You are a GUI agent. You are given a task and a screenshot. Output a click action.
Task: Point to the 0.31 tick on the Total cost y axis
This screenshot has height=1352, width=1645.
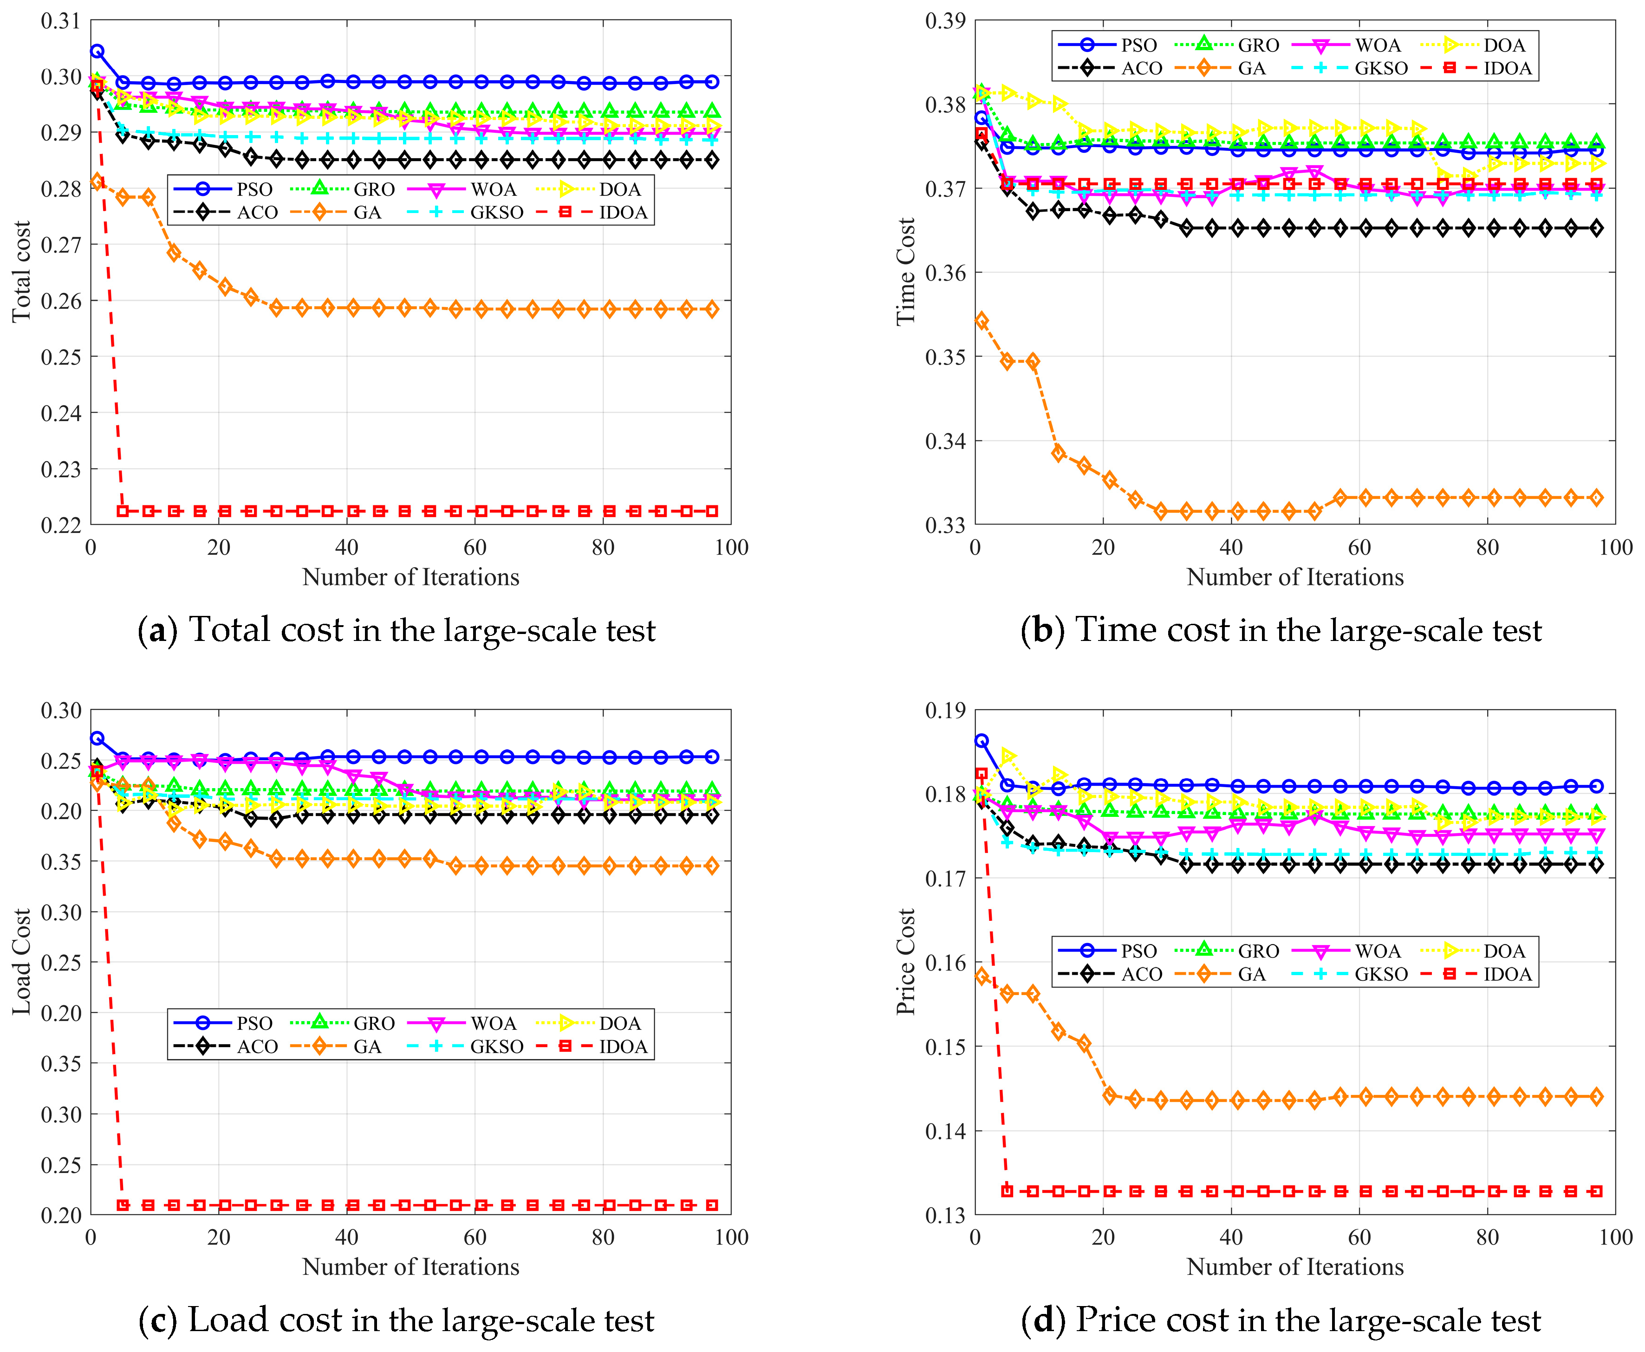61,21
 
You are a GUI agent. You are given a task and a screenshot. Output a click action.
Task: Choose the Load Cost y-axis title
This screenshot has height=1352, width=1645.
21,962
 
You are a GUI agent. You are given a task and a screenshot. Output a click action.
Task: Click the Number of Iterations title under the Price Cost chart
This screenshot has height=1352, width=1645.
1294,1267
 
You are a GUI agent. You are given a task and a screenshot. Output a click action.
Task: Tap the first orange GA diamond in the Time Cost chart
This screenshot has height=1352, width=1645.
982,321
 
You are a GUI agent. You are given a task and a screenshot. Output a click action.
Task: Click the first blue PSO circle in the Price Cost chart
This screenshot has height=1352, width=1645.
982,741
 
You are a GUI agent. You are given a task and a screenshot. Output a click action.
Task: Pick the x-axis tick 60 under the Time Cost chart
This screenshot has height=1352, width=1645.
1359,548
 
